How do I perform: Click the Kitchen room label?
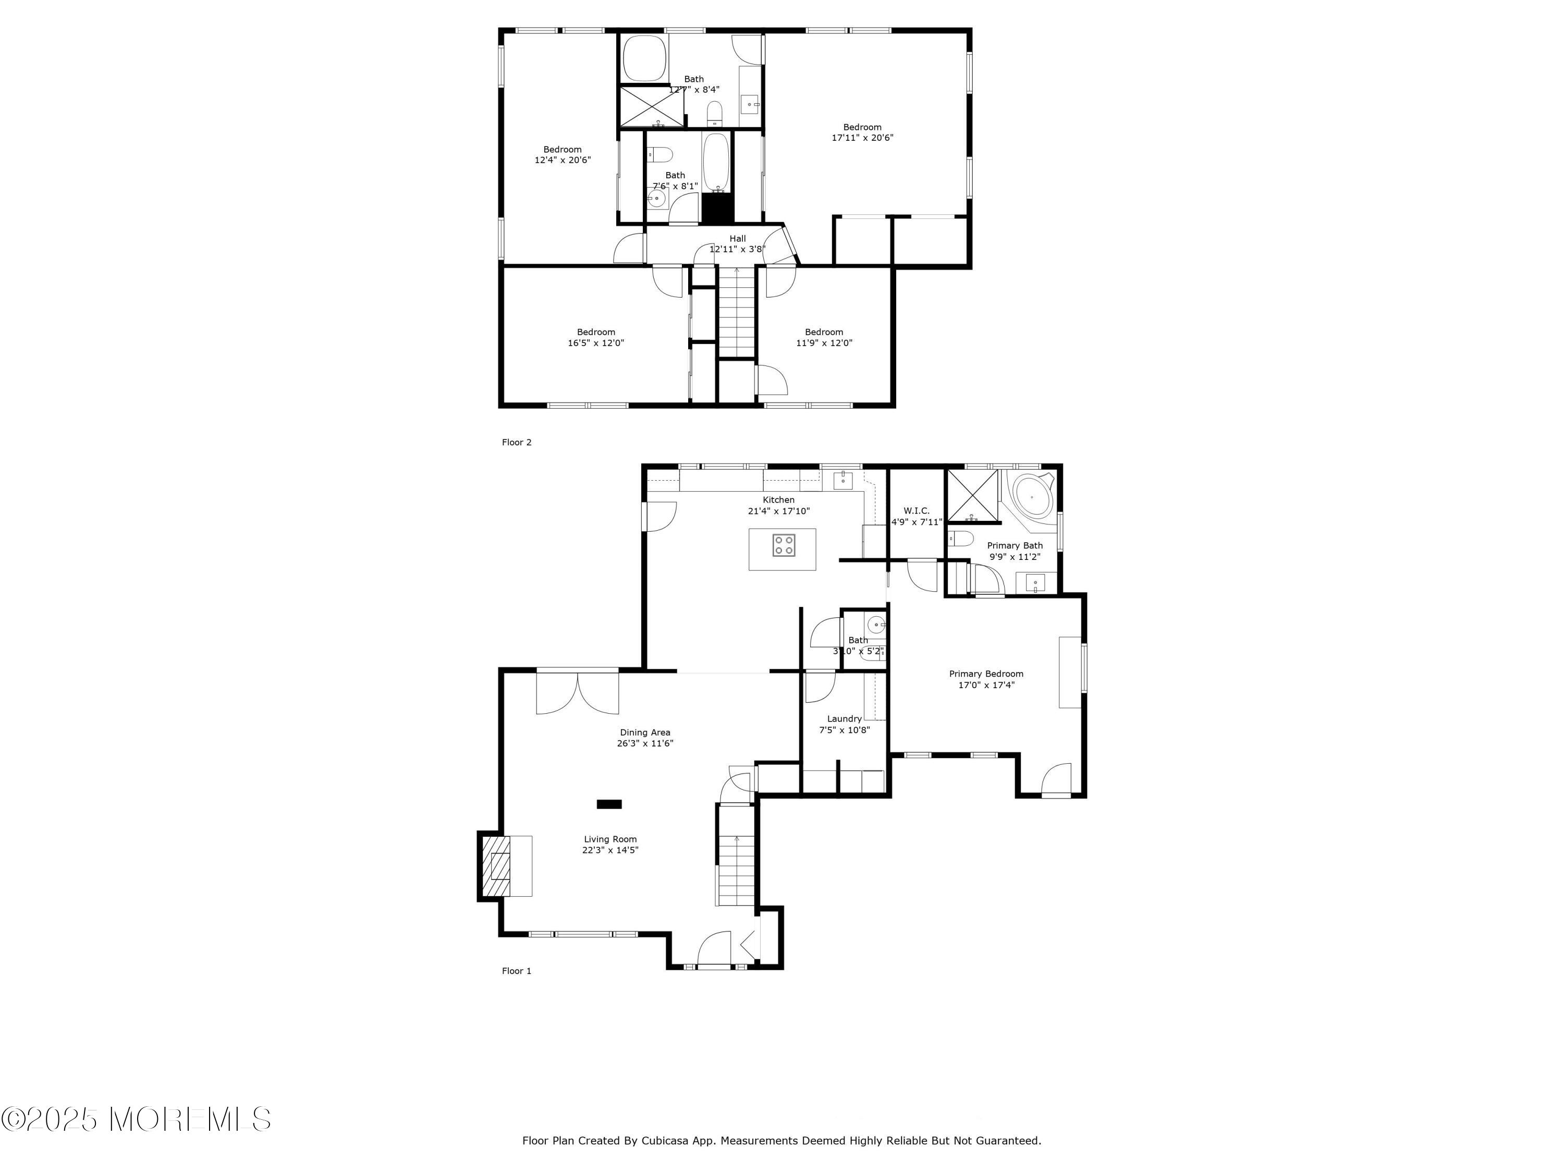point(778,500)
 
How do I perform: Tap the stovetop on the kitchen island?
point(784,545)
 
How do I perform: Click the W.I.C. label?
point(917,510)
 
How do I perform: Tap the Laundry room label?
point(844,718)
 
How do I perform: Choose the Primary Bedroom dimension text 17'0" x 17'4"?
point(986,685)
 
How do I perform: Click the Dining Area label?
point(645,732)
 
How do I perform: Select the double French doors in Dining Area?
point(578,691)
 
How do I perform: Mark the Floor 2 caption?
point(516,442)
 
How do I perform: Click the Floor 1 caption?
point(516,971)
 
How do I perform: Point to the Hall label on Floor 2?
point(738,238)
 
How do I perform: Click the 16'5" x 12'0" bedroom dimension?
point(595,343)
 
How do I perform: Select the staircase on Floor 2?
point(737,312)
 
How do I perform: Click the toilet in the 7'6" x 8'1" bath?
point(659,153)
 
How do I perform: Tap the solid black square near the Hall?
point(718,208)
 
